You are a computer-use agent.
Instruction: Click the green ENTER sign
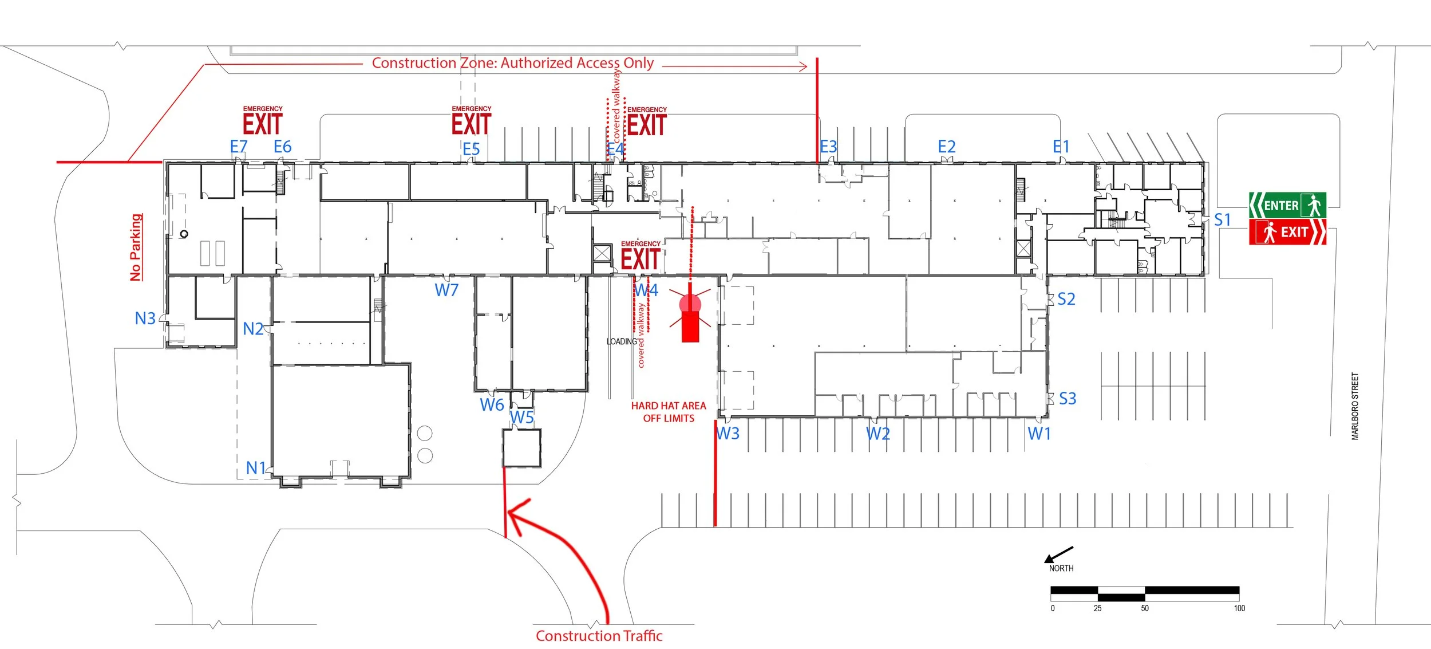[x=1287, y=205]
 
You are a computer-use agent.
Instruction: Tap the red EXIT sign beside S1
[x=1287, y=232]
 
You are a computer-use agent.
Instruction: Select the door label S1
[x=1222, y=220]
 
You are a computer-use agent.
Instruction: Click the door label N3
[x=145, y=318]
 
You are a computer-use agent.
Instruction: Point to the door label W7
[x=446, y=290]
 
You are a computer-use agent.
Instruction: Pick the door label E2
[x=947, y=147]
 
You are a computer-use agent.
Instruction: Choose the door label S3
[x=1068, y=399]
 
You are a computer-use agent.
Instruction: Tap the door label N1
[x=256, y=469]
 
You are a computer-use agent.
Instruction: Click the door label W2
[x=878, y=434]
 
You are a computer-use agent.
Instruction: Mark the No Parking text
[x=136, y=247]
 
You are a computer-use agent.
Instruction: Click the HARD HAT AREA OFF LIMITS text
[x=669, y=412]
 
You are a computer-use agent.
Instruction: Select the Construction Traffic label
[x=599, y=636]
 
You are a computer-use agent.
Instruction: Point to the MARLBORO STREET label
[x=1355, y=406]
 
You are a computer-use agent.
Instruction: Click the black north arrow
[x=1058, y=554]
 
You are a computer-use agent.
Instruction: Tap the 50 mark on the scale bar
[x=1145, y=608]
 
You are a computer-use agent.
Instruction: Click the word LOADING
[x=622, y=341]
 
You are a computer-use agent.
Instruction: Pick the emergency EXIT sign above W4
[x=641, y=256]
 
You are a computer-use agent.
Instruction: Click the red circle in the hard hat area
[x=690, y=304]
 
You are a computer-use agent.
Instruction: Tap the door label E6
[x=283, y=147]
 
